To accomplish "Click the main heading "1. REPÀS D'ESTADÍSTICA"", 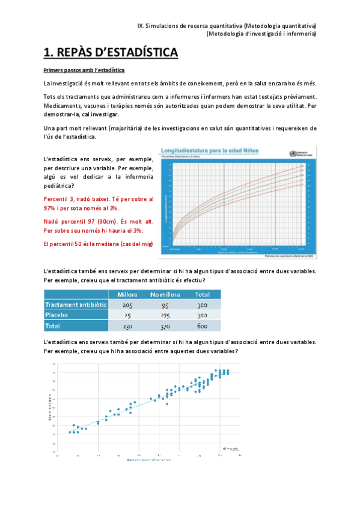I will pos(111,53).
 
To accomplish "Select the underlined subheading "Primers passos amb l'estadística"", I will pos(84,70).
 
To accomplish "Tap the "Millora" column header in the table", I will pos(128,295).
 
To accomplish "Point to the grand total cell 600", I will pos(203,326).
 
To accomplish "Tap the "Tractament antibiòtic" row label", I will pos(75,305).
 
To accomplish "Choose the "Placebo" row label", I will pos(58,315).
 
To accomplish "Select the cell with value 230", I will pos(128,326).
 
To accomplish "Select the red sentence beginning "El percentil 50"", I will pos(99,244).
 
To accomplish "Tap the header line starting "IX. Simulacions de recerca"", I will pos(227,26).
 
